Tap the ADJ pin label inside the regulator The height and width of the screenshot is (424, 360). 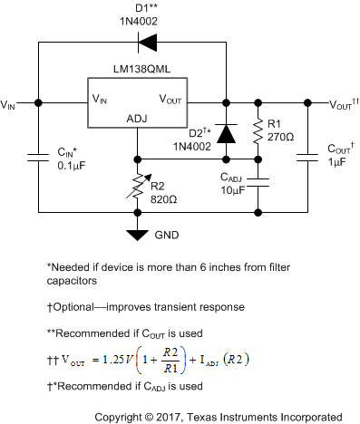137,118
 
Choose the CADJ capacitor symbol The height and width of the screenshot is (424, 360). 258,183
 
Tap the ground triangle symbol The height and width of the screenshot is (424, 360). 137,235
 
